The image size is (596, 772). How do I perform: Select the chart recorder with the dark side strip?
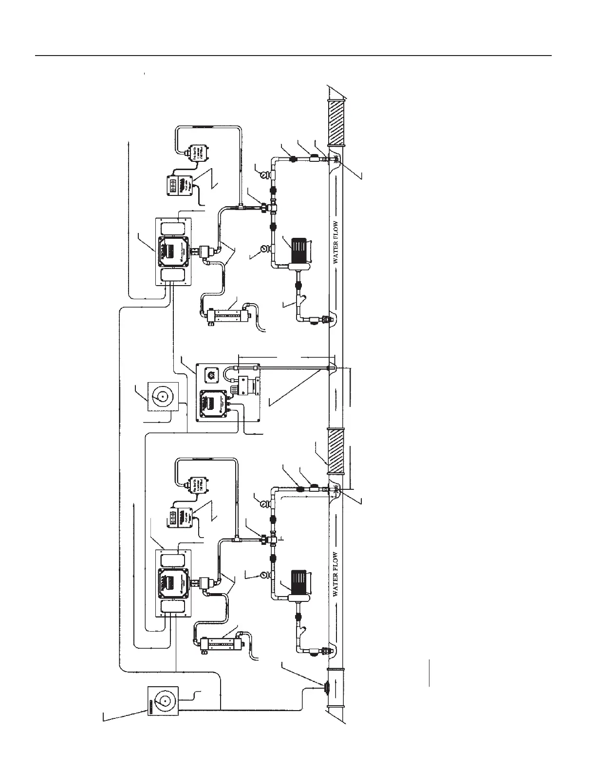(x=162, y=700)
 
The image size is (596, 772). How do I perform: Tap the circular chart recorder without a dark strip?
(x=162, y=397)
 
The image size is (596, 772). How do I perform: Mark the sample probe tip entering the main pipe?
(x=332, y=368)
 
